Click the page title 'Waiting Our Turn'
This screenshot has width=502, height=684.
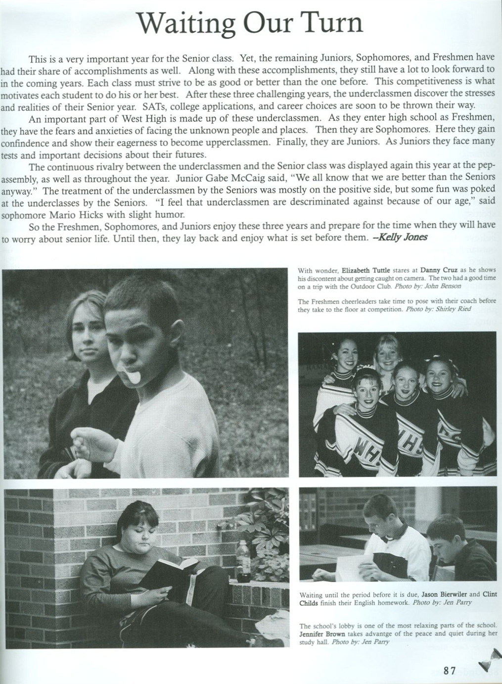tap(250, 22)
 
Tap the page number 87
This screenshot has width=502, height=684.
tap(449, 671)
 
